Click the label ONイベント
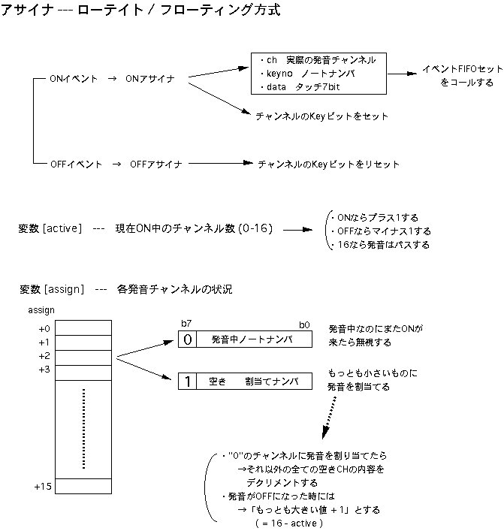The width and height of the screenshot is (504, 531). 74,79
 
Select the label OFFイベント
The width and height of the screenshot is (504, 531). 76,164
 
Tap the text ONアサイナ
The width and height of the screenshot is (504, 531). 151,79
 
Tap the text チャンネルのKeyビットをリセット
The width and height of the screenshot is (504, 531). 328,164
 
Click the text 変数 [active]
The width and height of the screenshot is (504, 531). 49,228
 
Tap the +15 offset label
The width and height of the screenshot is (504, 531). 43,487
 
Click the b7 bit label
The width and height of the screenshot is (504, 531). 186,323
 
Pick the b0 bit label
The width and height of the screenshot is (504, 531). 304,323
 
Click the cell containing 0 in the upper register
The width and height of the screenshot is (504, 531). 188,339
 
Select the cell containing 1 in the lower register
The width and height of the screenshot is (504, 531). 188,382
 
